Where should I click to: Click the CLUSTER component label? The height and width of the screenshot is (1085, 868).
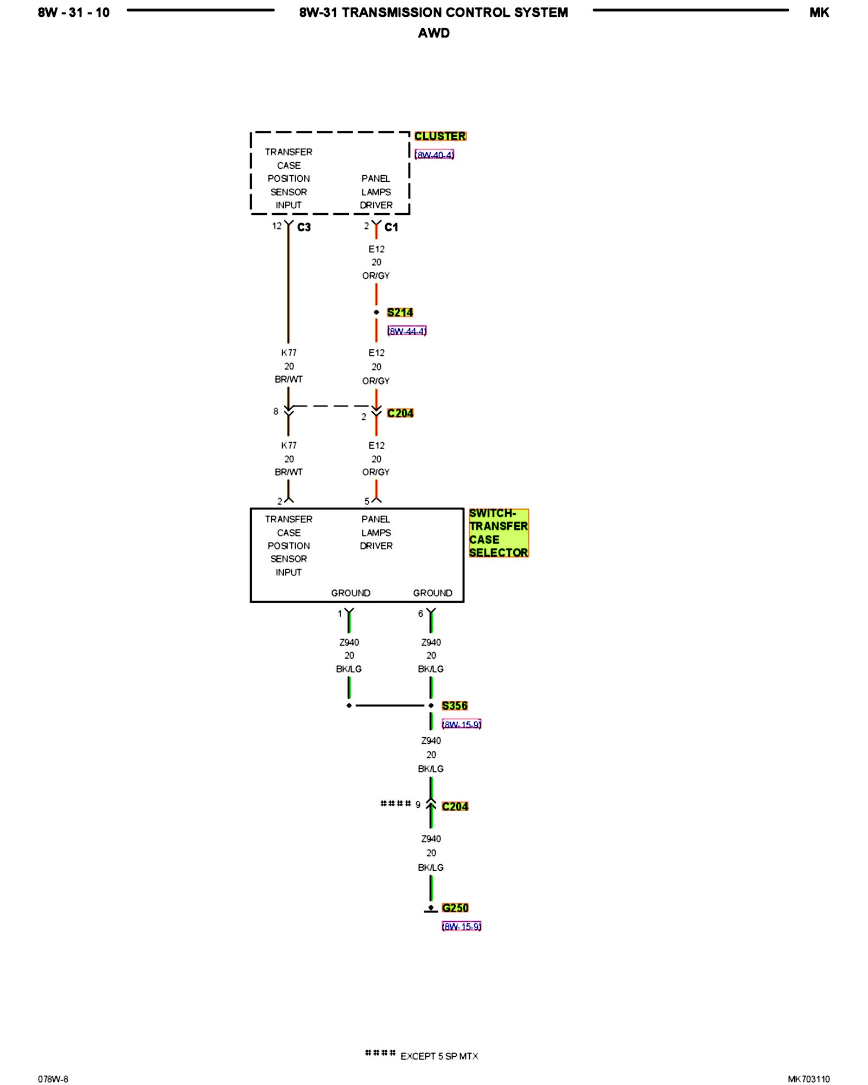pyautogui.click(x=440, y=136)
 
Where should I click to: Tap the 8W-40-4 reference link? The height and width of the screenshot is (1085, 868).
pyautogui.click(x=434, y=155)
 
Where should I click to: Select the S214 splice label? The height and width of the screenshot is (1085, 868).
pyautogui.click(x=400, y=312)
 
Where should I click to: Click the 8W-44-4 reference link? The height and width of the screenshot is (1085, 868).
pyautogui.click(x=407, y=331)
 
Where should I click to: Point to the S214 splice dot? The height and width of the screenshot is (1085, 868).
pyautogui.click(x=376, y=312)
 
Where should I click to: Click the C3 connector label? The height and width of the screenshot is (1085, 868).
pyautogui.click(x=304, y=227)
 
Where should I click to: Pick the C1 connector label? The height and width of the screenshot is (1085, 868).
pyautogui.click(x=391, y=227)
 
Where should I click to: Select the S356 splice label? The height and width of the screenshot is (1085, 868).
pyautogui.click(x=455, y=706)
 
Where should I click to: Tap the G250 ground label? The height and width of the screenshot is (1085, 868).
pyautogui.click(x=455, y=908)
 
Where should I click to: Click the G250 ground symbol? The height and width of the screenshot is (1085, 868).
pyautogui.click(x=431, y=909)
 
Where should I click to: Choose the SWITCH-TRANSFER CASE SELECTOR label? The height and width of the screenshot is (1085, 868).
pyautogui.click(x=498, y=533)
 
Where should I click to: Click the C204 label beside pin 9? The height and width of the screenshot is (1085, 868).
pyautogui.click(x=455, y=807)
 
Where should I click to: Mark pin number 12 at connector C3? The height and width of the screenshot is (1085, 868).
pyautogui.click(x=277, y=226)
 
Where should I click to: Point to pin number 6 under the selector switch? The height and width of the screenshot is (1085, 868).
pyautogui.click(x=420, y=614)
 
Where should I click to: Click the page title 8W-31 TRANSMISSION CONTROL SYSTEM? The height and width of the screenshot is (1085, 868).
pyautogui.click(x=433, y=12)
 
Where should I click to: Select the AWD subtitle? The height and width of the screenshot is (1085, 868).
pyautogui.click(x=433, y=33)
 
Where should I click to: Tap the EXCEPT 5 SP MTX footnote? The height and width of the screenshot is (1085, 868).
pyautogui.click(x=439, y=1056)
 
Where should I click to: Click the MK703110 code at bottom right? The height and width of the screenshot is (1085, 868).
pyautogui.click(x=808, y=1079)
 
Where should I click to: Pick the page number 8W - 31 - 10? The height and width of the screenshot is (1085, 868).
pyautogui.click(x=74, y=12)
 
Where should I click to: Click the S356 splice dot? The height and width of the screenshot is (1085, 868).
pyautogui.click(x=431, y=706)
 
